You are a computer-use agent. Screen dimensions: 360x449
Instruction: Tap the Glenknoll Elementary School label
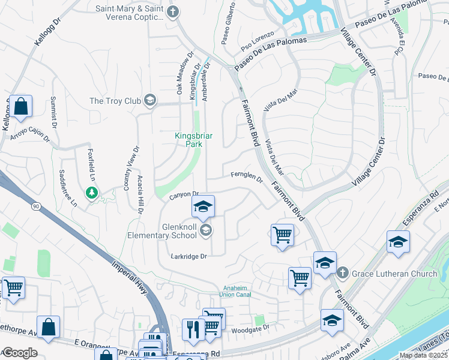(162, 231)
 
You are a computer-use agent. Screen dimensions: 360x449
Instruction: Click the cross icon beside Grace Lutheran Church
(343, 273)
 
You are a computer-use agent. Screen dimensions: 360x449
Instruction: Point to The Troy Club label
(114, 101)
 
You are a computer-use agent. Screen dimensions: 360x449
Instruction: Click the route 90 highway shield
(35, 206)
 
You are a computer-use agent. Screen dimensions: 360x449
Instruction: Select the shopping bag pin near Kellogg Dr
(20, 107)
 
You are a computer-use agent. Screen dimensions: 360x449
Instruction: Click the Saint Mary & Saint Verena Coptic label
(130, 13)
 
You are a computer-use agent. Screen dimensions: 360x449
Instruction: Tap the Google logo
(19, 352)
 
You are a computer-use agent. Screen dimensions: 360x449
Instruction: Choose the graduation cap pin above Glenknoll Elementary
(203, 208)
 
